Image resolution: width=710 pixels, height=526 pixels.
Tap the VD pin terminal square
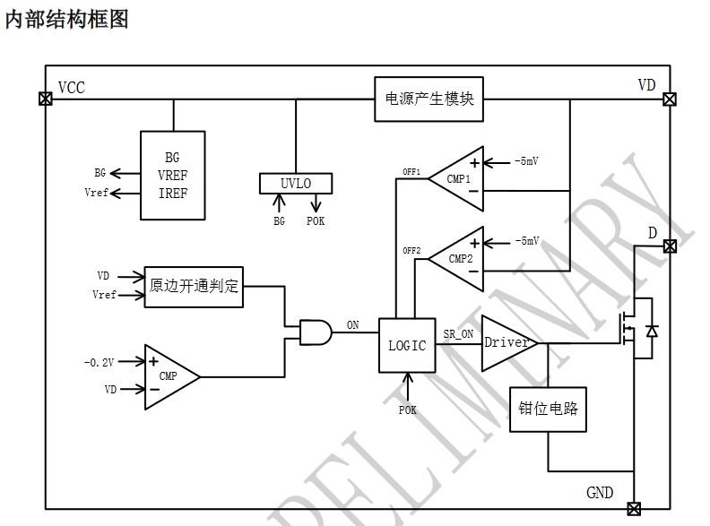669,99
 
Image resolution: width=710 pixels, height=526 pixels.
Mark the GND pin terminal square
634,508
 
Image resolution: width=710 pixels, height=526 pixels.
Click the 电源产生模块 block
429,99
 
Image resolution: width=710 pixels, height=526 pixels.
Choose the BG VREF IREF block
172,174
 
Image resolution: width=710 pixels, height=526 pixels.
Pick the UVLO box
295,183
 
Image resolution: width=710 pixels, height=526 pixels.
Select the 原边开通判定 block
195,286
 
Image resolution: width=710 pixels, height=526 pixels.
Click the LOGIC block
407,345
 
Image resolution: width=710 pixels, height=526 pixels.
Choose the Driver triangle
508,343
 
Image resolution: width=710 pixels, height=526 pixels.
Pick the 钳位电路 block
548,410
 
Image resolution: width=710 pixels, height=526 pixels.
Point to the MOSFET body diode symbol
651,331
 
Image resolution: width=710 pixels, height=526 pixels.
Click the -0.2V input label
99,362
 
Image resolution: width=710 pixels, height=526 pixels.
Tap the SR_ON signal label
458,333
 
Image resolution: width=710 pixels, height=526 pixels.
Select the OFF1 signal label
411,171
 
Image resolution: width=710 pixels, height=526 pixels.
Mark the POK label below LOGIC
408,410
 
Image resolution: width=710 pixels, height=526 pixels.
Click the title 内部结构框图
67,19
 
